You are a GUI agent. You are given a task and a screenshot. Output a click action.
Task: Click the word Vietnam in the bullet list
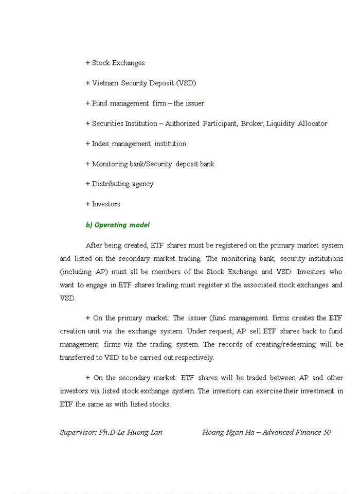tap(105, 83)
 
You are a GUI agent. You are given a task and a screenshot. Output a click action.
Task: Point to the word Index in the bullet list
tap(101, 144)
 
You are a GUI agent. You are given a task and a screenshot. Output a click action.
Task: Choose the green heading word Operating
tap(111, 225)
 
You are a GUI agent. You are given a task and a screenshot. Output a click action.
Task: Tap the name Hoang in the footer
tap(213, 432)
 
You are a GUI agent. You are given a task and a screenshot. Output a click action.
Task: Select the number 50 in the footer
tap(327, 432)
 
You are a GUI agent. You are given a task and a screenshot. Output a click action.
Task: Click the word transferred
tap(79, 358)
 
